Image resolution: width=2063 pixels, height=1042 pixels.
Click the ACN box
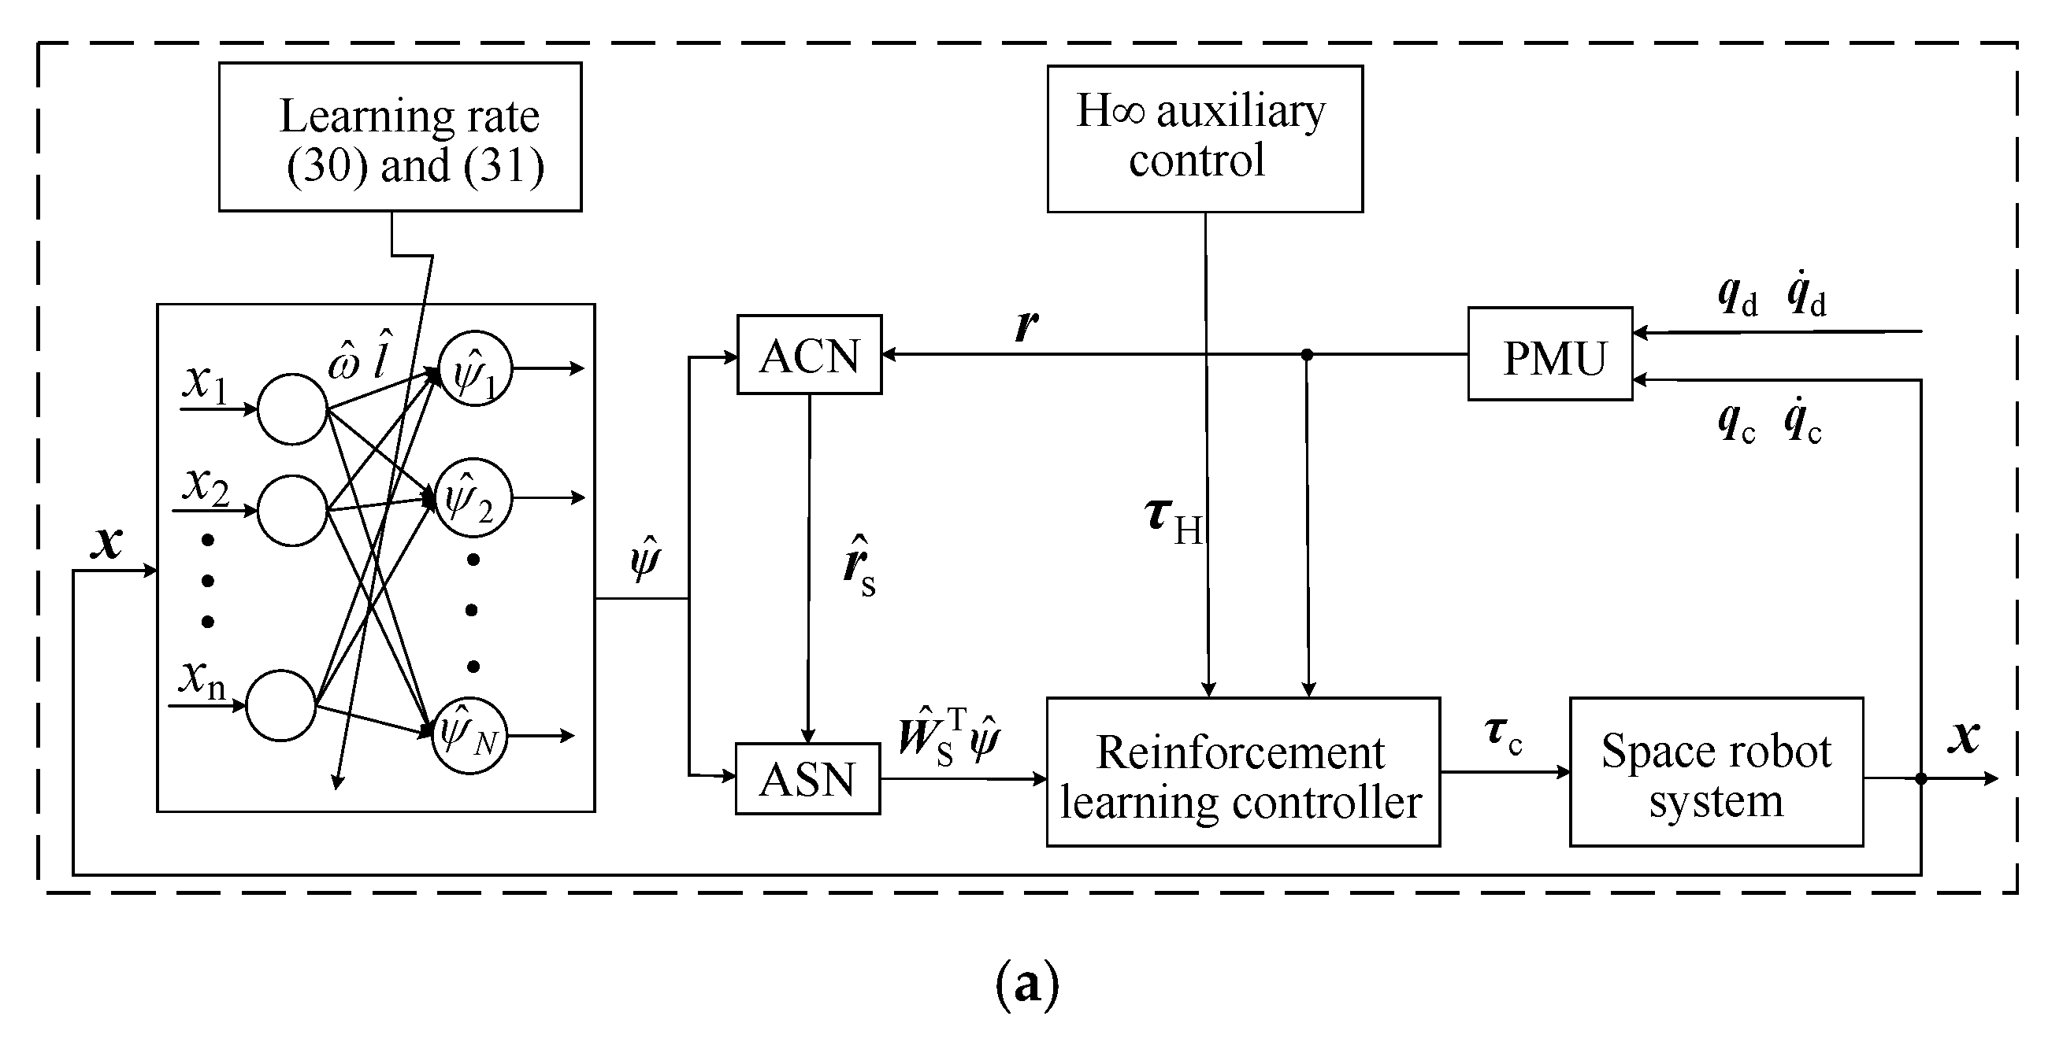[809, 354]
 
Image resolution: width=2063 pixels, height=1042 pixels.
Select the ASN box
[807, 778]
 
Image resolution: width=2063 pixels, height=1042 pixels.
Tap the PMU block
[1549, 354]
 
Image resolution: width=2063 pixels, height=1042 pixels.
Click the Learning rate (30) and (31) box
[399, 137]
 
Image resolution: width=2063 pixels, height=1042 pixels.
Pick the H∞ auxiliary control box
[1204, 139]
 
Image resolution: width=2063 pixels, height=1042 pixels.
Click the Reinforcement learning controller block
[1242, 772]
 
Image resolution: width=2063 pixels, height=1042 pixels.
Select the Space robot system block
[1716, 772]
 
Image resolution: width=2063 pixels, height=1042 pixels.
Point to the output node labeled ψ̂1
[475, 369]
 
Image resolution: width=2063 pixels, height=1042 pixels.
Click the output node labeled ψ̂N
[469, 737]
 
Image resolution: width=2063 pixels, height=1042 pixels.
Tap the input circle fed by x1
[292, 409]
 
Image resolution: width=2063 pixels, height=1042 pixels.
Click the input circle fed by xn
[281, 705]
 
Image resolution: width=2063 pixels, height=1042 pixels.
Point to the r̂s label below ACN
[859, 567]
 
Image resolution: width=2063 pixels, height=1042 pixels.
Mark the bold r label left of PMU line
[1026, 325]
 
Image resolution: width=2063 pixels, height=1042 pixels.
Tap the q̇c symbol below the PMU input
[1803, 424]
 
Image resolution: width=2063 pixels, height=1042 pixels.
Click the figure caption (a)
[1026, 984]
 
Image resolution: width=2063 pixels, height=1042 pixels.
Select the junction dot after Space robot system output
[1920, 778]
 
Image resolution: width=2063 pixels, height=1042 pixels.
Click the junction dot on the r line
[1307, 354]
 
